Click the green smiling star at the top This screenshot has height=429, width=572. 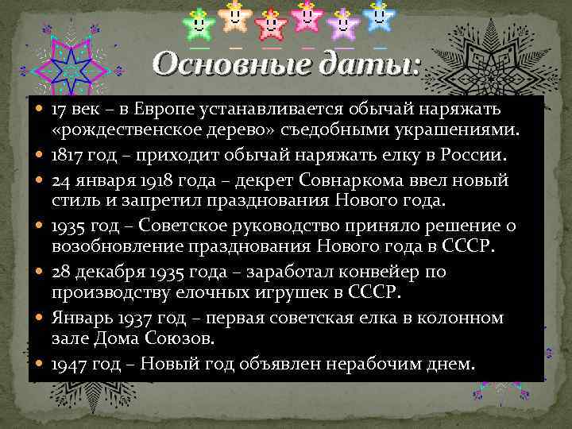[198, 23]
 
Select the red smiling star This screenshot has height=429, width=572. [271, 23]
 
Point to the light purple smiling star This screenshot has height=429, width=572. [342, 23]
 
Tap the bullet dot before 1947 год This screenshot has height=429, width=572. [41, 365]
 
